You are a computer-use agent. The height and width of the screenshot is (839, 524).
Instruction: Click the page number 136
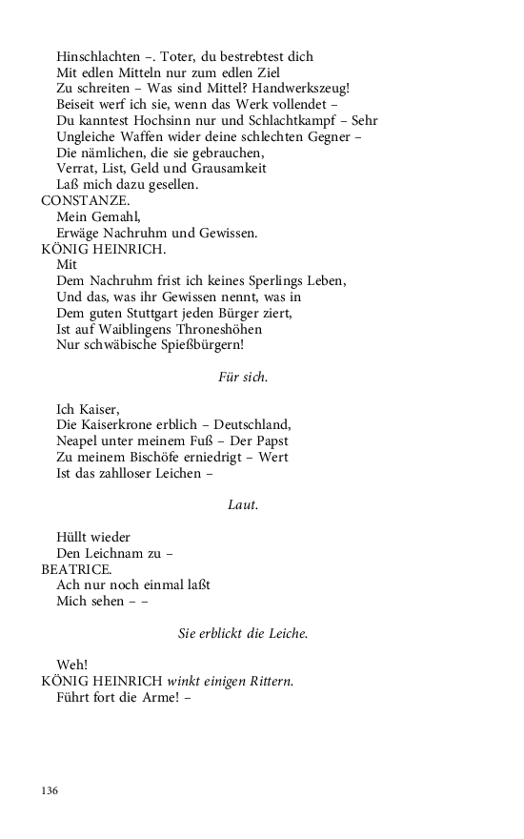50,790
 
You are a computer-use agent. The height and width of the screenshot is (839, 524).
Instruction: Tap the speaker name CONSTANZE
81,200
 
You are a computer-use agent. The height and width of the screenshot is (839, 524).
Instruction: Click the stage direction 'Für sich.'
243,377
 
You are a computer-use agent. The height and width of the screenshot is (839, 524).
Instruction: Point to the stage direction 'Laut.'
243,504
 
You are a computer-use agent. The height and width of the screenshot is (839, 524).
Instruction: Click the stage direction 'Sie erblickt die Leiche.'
243,633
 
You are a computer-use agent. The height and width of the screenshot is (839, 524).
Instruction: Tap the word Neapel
78,440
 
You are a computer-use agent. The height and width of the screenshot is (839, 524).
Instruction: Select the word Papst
271,440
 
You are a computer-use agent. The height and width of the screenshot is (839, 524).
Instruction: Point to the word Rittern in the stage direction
271,681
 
